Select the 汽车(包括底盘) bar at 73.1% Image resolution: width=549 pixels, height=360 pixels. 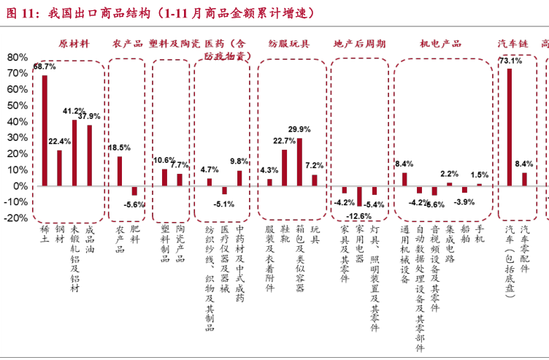click(509, 127)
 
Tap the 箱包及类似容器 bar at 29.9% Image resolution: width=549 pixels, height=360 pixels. click(299, 161)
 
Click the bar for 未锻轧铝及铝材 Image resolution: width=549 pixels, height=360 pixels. click(74, 153)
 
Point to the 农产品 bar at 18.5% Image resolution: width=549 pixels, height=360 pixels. click(120, 171)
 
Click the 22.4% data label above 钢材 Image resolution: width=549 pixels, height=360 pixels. click(59, 142)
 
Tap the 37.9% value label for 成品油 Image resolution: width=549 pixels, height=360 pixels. click(89, 116)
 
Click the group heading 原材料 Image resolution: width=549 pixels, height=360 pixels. click(74, 44)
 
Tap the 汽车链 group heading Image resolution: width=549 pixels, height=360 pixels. click(512, 44)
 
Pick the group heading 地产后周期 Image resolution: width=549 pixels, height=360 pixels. click(359, 44)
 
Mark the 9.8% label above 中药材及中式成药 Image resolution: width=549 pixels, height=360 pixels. click(239, 161)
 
